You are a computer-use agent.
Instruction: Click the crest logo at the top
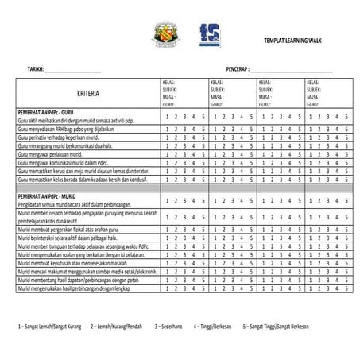tap(166, 34)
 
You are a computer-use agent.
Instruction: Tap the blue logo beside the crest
tap(208, 34)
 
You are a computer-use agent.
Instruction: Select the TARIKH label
tap(35, 68)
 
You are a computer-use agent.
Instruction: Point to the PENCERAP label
tap(237, 68)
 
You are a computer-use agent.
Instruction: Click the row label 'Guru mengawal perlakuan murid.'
tap(51, 154)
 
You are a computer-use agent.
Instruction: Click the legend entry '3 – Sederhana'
tap(168, 326)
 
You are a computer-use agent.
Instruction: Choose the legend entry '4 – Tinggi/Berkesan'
tap(216, 326)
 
